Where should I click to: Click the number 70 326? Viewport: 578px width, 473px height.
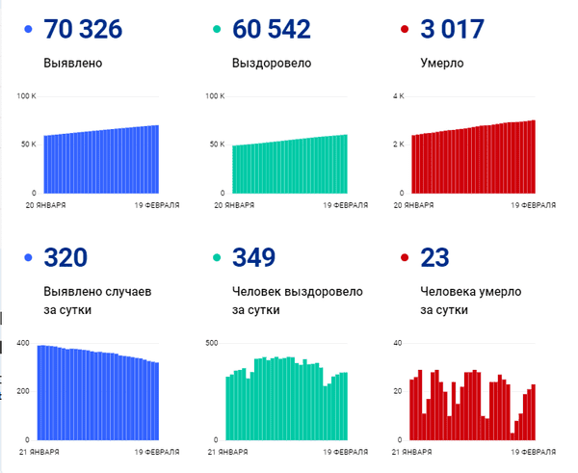83,30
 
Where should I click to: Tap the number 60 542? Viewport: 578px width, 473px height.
272,30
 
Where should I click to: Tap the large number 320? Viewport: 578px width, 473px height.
66,257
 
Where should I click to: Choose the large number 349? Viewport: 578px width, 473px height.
253,257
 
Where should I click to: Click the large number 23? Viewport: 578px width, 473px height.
436,257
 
